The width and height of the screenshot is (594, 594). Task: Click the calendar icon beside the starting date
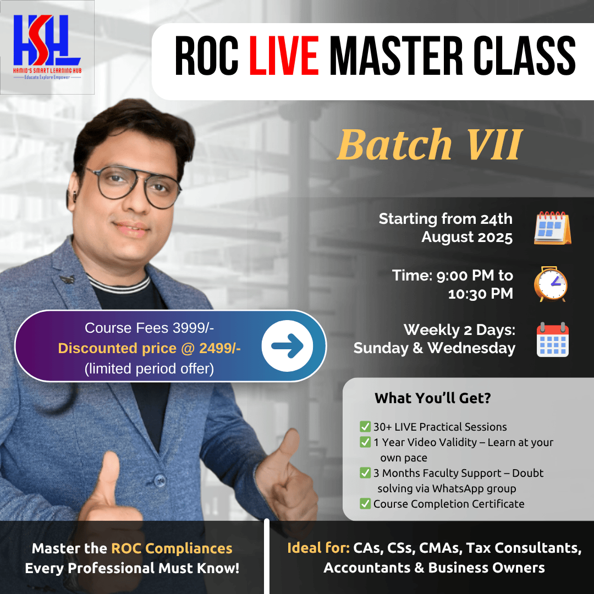[x=552, y=228]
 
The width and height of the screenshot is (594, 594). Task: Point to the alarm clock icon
[x=551, y=284]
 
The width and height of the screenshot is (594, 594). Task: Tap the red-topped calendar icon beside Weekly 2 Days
[x=552, y=339]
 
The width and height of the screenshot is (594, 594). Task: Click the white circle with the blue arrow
[x=287, y=346]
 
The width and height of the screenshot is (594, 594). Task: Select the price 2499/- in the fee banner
[x=221, y=348]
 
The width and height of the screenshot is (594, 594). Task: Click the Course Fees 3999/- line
[x=149, y=328]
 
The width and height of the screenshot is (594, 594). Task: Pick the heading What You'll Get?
[x=432, y=398]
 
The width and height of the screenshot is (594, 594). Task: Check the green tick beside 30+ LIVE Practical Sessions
[x=365, y=427]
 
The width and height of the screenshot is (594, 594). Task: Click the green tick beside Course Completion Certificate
[x=365, y=504]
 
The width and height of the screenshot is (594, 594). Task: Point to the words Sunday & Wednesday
[x=435, y=348]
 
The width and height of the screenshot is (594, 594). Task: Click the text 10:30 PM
[x=480, y=294]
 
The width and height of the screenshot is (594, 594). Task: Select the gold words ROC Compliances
[x=172, y=548]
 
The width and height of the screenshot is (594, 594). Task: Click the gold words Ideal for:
[x=318, y=548]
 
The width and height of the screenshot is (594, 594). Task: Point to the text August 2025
[x=467, y=237]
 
